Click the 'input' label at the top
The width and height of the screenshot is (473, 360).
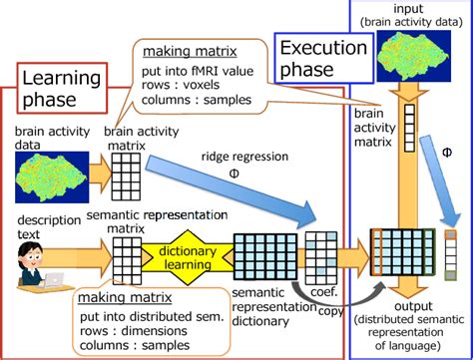coord(407,7)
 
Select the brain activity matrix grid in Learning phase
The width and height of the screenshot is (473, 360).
coord(126,180)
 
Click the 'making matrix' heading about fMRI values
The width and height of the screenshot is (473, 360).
coord(174,51)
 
